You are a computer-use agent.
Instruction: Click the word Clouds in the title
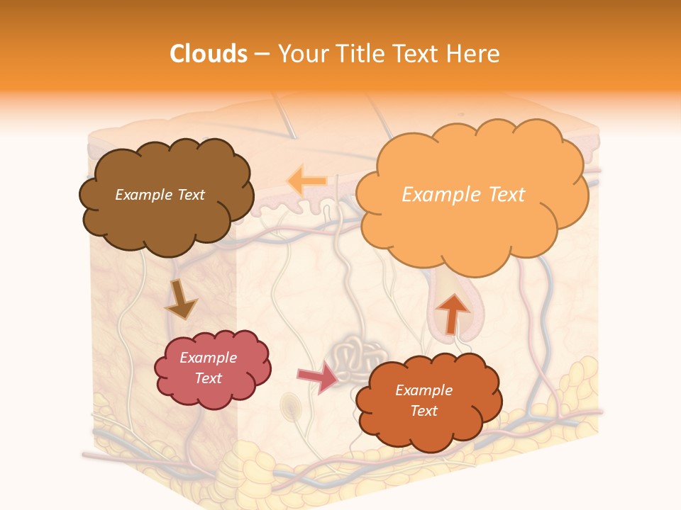[x=208, y=54]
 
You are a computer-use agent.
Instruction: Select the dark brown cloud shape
[x=166, y=216]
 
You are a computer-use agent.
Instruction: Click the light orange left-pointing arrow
[x=306, y=181]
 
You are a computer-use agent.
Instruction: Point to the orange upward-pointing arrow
[x=452, y=312]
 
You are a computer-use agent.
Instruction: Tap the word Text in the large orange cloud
[x=502, y=195]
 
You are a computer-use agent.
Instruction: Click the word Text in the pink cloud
[x=208, y=378]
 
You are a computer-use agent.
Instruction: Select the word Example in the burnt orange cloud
[x=423, y=390]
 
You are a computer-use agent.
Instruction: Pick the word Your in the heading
[x=299, y=54]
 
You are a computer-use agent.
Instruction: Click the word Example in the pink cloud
[x=208, y=358]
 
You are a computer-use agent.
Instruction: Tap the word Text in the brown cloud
[x=190, y=195]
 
